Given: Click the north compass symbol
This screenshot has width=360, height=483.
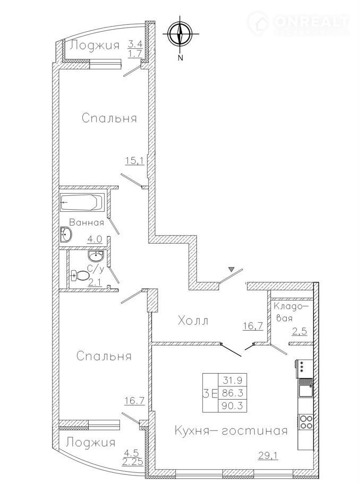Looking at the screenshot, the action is (x=181, y=33).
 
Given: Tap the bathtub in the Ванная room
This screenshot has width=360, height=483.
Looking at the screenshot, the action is (x=82, y=202).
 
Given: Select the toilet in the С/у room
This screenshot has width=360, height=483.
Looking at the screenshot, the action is (x=80, y=275).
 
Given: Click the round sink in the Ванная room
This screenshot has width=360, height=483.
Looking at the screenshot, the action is (x=66, y=235).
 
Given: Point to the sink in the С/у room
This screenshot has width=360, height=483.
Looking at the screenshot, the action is (x=96, y=255).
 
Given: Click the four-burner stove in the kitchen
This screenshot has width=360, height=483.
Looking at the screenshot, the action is (x=305, y=422).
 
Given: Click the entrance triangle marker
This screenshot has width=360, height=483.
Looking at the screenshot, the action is (x=231, y=270).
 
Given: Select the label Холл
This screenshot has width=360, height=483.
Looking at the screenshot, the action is (x=193, y=321).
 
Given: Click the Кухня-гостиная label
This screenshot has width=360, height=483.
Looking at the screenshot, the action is (x=231, y=430).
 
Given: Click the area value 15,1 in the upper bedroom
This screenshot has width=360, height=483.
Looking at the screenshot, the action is (x=135, y=160).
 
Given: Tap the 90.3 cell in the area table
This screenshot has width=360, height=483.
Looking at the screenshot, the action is (x=233, y=406).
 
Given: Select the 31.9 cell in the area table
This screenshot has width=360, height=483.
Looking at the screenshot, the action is (x=233, y=380).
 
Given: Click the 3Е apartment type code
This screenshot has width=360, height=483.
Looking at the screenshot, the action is (x=210, y=393).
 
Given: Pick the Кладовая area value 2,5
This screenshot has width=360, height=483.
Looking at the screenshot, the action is (x=300, y=332).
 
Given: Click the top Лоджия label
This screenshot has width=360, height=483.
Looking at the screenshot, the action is (x=95, y=46).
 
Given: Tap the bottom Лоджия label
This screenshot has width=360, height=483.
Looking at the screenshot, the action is (x=91, y=443).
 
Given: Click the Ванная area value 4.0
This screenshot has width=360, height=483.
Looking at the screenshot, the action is (x=95, y=239).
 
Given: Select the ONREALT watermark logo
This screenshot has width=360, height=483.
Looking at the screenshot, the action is (x=298, y=22).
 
